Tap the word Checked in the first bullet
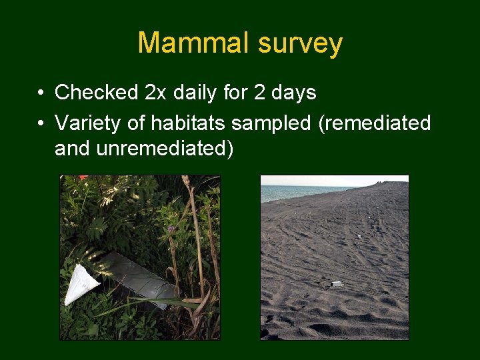click(x=96, y=93)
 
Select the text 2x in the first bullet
click(x=155, y=93)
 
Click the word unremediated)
click(x=144, y=149)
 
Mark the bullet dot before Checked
click(x=41, y=93)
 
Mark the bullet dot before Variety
click(x=41, y=124)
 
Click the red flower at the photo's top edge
click(x=83, y=178)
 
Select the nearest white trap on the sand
click(x=337, y=284)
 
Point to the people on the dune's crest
click(x=380, y=182)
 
